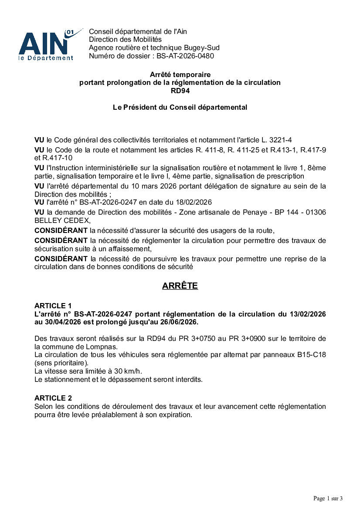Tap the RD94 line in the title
click(180, 91)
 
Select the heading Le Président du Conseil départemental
click(180, 107)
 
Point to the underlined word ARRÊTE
click(180, 286)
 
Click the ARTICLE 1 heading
click(53, 306)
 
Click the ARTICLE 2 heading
click(53, 398)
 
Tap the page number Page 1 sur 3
click(328, 498)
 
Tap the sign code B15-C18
click(312, 355)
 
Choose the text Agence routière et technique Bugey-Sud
click(154, 48)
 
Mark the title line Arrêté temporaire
click(180, 75)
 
